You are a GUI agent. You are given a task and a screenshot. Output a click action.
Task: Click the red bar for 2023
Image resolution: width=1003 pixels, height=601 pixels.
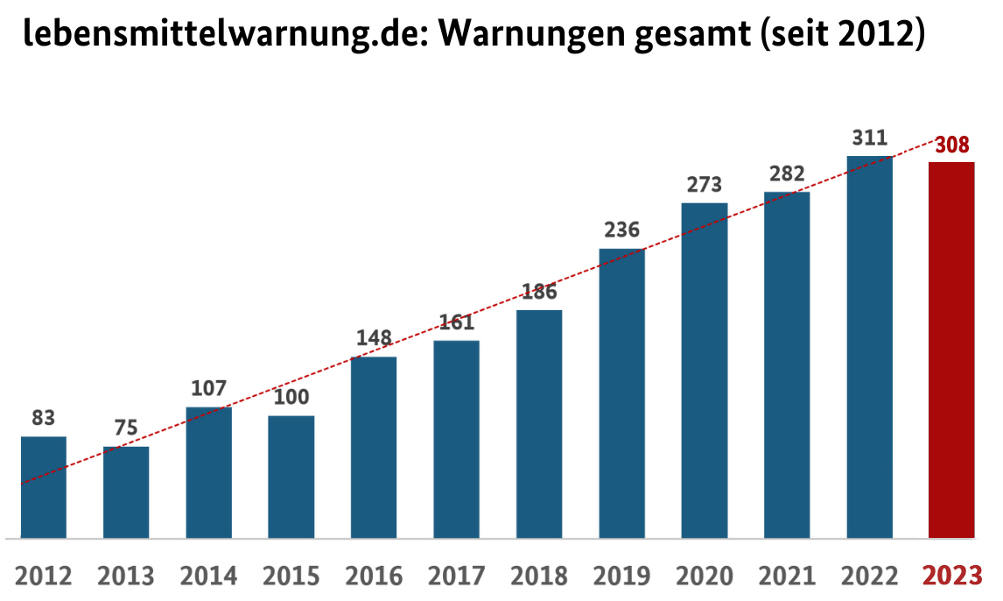[951, 350]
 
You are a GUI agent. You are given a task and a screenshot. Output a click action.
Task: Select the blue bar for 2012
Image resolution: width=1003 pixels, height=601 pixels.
[44, 487]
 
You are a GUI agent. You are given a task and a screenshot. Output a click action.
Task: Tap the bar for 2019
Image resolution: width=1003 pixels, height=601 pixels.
[621, 393]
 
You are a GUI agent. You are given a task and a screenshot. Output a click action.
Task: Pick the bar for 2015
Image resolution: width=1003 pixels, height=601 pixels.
[291, 477]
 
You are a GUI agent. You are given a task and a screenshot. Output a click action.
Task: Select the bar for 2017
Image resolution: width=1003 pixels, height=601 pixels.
[456, 439]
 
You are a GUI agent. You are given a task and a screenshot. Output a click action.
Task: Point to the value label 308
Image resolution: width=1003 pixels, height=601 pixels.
[951, 145]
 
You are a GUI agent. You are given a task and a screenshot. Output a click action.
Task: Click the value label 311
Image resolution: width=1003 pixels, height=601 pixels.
[869, 138]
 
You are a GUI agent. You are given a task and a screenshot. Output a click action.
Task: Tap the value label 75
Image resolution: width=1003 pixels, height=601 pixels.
[126, 429]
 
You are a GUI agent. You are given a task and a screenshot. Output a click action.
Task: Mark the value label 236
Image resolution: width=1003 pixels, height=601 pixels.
[621, 230]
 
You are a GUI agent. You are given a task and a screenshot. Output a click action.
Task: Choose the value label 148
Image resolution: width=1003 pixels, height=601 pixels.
[374, 338]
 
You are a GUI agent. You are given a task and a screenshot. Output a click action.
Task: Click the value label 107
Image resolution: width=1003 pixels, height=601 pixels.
[208, 388]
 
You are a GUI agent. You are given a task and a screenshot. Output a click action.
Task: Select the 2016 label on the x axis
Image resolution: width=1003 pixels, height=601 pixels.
[374, 576]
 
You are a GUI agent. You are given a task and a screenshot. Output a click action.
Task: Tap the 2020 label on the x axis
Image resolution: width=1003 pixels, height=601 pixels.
[704, 576]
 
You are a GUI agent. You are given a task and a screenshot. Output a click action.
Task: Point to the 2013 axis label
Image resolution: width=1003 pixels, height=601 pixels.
[126, 576]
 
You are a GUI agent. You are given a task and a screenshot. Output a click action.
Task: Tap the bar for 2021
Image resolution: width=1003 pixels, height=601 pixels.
[787, 364]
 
